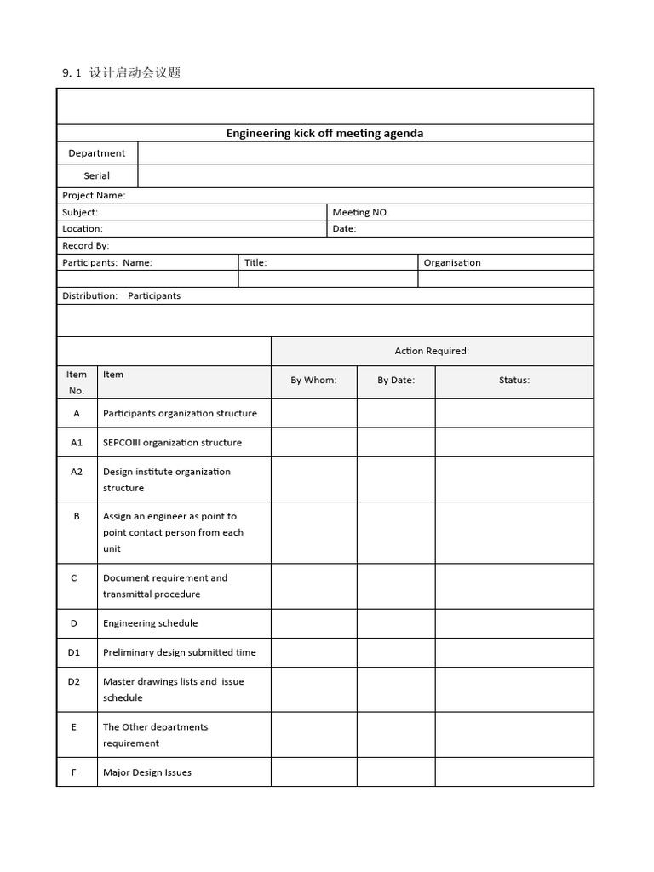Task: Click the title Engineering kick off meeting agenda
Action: pos(324,133)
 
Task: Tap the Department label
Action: pos(97,153)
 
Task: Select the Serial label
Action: pos(97,175)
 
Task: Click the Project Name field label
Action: pos(94,195)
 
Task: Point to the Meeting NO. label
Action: pos(360,212)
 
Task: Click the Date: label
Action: pos(344,228)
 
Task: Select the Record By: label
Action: pos(85,245)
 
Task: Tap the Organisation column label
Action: pos(452,262)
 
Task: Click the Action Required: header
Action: pos(432,351)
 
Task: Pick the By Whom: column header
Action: pos(313,380)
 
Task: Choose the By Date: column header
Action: pos(396,380)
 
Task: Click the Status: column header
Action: pos(514,380)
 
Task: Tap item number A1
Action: pos(77,442)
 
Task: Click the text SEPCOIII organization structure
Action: pos(172,442)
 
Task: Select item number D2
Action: pos(74,681)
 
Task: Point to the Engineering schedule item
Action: pos(150,623)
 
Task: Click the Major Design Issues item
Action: pos(147,772)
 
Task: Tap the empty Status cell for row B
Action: pos(514,532)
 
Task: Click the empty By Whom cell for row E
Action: pos(313,735)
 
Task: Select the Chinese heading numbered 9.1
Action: pos(121,72)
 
